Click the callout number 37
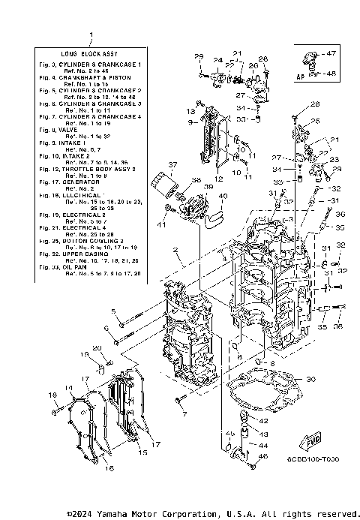click(x=172, y=166)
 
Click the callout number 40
click(x=223, y=197)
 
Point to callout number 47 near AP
click(x=332, y=54)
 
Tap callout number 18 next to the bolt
click(x=52, y=395)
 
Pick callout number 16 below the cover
click(x=109, y=469)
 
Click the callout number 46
click(x=262, y=456)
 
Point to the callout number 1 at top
click(x=91, y=35)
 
